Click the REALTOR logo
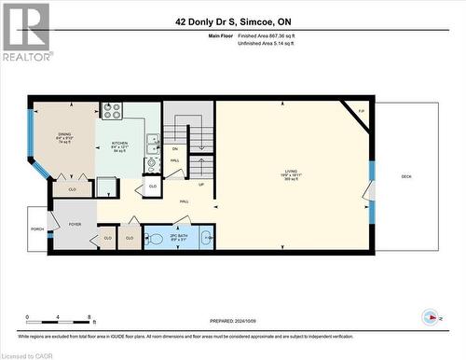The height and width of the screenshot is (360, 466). (x=26, y=32)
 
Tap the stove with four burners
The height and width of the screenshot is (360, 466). (x=112, y=111)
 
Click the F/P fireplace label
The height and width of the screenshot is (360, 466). (x=361, y=109)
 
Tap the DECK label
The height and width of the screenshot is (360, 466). (x=405, y=175)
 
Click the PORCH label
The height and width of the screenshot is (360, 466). (x=37, y=228)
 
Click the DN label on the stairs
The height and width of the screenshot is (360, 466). (x=174, y=149)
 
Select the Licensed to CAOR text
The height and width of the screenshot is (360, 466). (x=28, y=354)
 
